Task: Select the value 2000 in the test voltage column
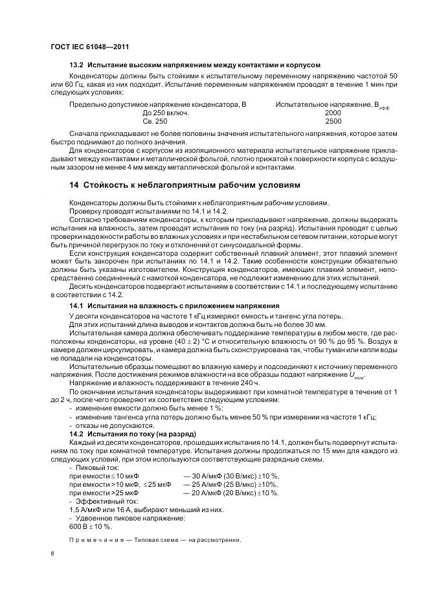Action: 333,112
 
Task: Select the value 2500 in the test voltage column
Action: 333,121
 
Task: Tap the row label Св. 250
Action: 154,121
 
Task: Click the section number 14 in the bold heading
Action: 74,185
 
